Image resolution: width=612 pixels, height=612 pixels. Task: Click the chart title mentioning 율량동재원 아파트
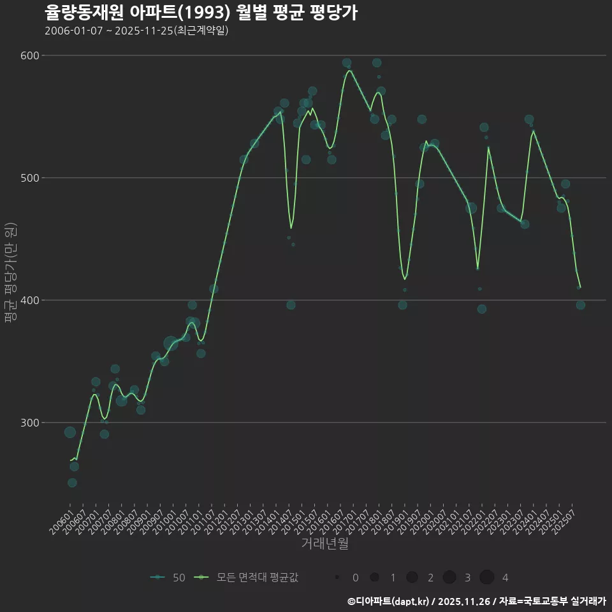tap(201, 13)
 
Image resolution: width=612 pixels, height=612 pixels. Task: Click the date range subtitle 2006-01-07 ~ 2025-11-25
tap(136, 31)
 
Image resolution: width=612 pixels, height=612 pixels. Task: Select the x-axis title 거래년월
tap(324, 544)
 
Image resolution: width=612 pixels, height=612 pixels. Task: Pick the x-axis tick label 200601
tap(61, 521)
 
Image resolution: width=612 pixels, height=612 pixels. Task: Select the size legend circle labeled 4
tap(487, 578)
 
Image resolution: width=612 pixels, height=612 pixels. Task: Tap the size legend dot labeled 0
tap(337, 578)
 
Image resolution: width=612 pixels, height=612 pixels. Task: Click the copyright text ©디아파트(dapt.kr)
tap(388, 601)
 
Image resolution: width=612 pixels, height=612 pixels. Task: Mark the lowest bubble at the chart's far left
tap(72, 483)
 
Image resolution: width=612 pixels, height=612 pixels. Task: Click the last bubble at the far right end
tap(580, 305)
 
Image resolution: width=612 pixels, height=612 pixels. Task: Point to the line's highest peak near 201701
tap(349, 71)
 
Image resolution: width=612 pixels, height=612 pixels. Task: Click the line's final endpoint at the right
tap(580, 288)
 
